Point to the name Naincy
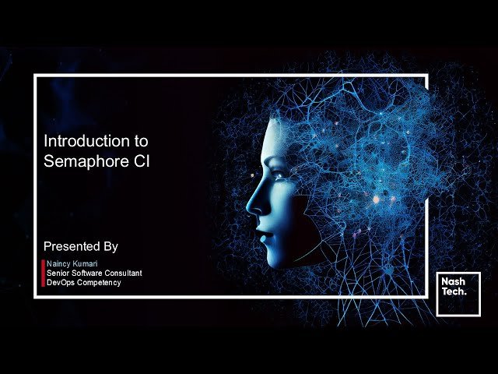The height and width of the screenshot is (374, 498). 59,264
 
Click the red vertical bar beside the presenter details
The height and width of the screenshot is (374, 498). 43,273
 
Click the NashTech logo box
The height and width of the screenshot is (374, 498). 458,294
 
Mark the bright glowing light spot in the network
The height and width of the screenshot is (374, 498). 377,199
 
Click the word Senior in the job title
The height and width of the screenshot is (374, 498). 58,273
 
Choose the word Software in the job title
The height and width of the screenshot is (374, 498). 86,273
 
